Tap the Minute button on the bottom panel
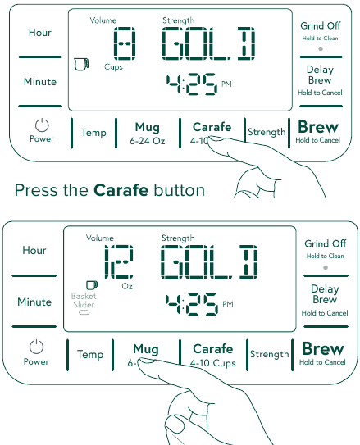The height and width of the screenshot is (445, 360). [x=34, y=302]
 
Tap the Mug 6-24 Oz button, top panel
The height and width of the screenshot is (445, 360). [x=147, y=133]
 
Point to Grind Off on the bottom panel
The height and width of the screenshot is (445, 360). [x=325, y=244]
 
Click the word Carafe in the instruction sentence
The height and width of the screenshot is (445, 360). [x=121, y=191]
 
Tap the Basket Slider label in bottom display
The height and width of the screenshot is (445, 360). [x=84, y=300]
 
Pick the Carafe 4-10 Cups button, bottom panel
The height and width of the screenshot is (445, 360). [x=212, y=354]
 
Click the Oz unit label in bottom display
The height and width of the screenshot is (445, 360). [x=125, y=287]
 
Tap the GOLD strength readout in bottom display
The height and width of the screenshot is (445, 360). [x=209, y=262]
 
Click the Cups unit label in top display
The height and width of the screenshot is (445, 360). [x=113, y=66]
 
